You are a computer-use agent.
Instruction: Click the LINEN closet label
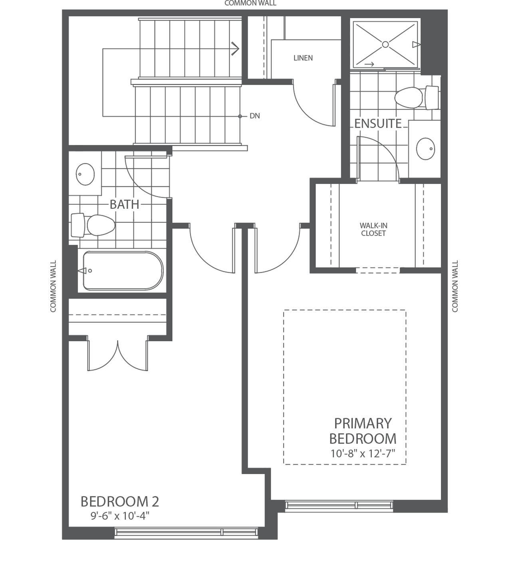tap(303, 58)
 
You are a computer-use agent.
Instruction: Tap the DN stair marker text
tap(254, 116)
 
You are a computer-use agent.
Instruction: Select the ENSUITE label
tap(378, 124)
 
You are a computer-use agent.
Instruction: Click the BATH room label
tap(124, 204)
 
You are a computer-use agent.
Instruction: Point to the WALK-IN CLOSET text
tap(373, 230)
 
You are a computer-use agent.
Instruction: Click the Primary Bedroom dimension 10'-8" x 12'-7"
tap(362, 454)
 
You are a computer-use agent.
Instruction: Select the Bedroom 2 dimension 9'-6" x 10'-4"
tap(120, 516)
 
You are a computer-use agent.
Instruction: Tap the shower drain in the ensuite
tap(385, 44)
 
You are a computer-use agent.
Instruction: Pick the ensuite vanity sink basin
tap(425, 148)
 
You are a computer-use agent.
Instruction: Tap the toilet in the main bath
tap(100, 225)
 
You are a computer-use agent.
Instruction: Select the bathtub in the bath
tap(123, 270)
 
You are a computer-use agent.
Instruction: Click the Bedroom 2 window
tap(186, 532)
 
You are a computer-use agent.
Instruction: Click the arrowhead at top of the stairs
tap(235, 49)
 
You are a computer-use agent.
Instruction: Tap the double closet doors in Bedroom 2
tap(118, 355)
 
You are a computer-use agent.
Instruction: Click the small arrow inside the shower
tap(369, 63)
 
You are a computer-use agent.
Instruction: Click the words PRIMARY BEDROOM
tap(362, 431)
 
